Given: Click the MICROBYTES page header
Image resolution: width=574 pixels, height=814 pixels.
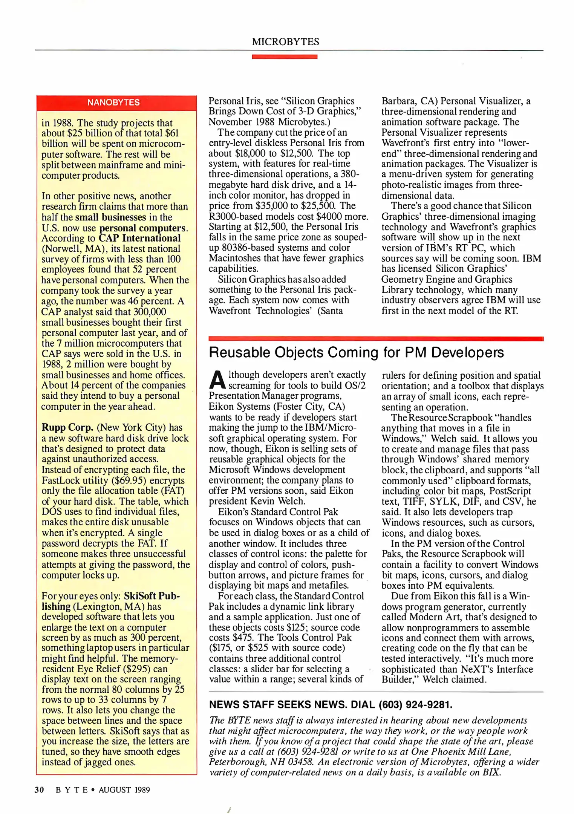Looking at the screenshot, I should [285, 42].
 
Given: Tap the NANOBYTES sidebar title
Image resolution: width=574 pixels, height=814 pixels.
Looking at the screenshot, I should [113, 103].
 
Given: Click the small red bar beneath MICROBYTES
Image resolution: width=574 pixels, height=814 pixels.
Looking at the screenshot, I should [285, 57].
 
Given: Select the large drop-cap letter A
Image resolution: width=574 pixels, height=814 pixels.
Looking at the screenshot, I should [217, 379].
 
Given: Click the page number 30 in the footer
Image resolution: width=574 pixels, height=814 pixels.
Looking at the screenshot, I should [39, 790].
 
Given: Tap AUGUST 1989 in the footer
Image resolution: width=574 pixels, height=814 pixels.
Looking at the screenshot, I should [124, 790].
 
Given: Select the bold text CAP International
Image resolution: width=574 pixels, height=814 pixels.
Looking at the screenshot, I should [139, 238].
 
